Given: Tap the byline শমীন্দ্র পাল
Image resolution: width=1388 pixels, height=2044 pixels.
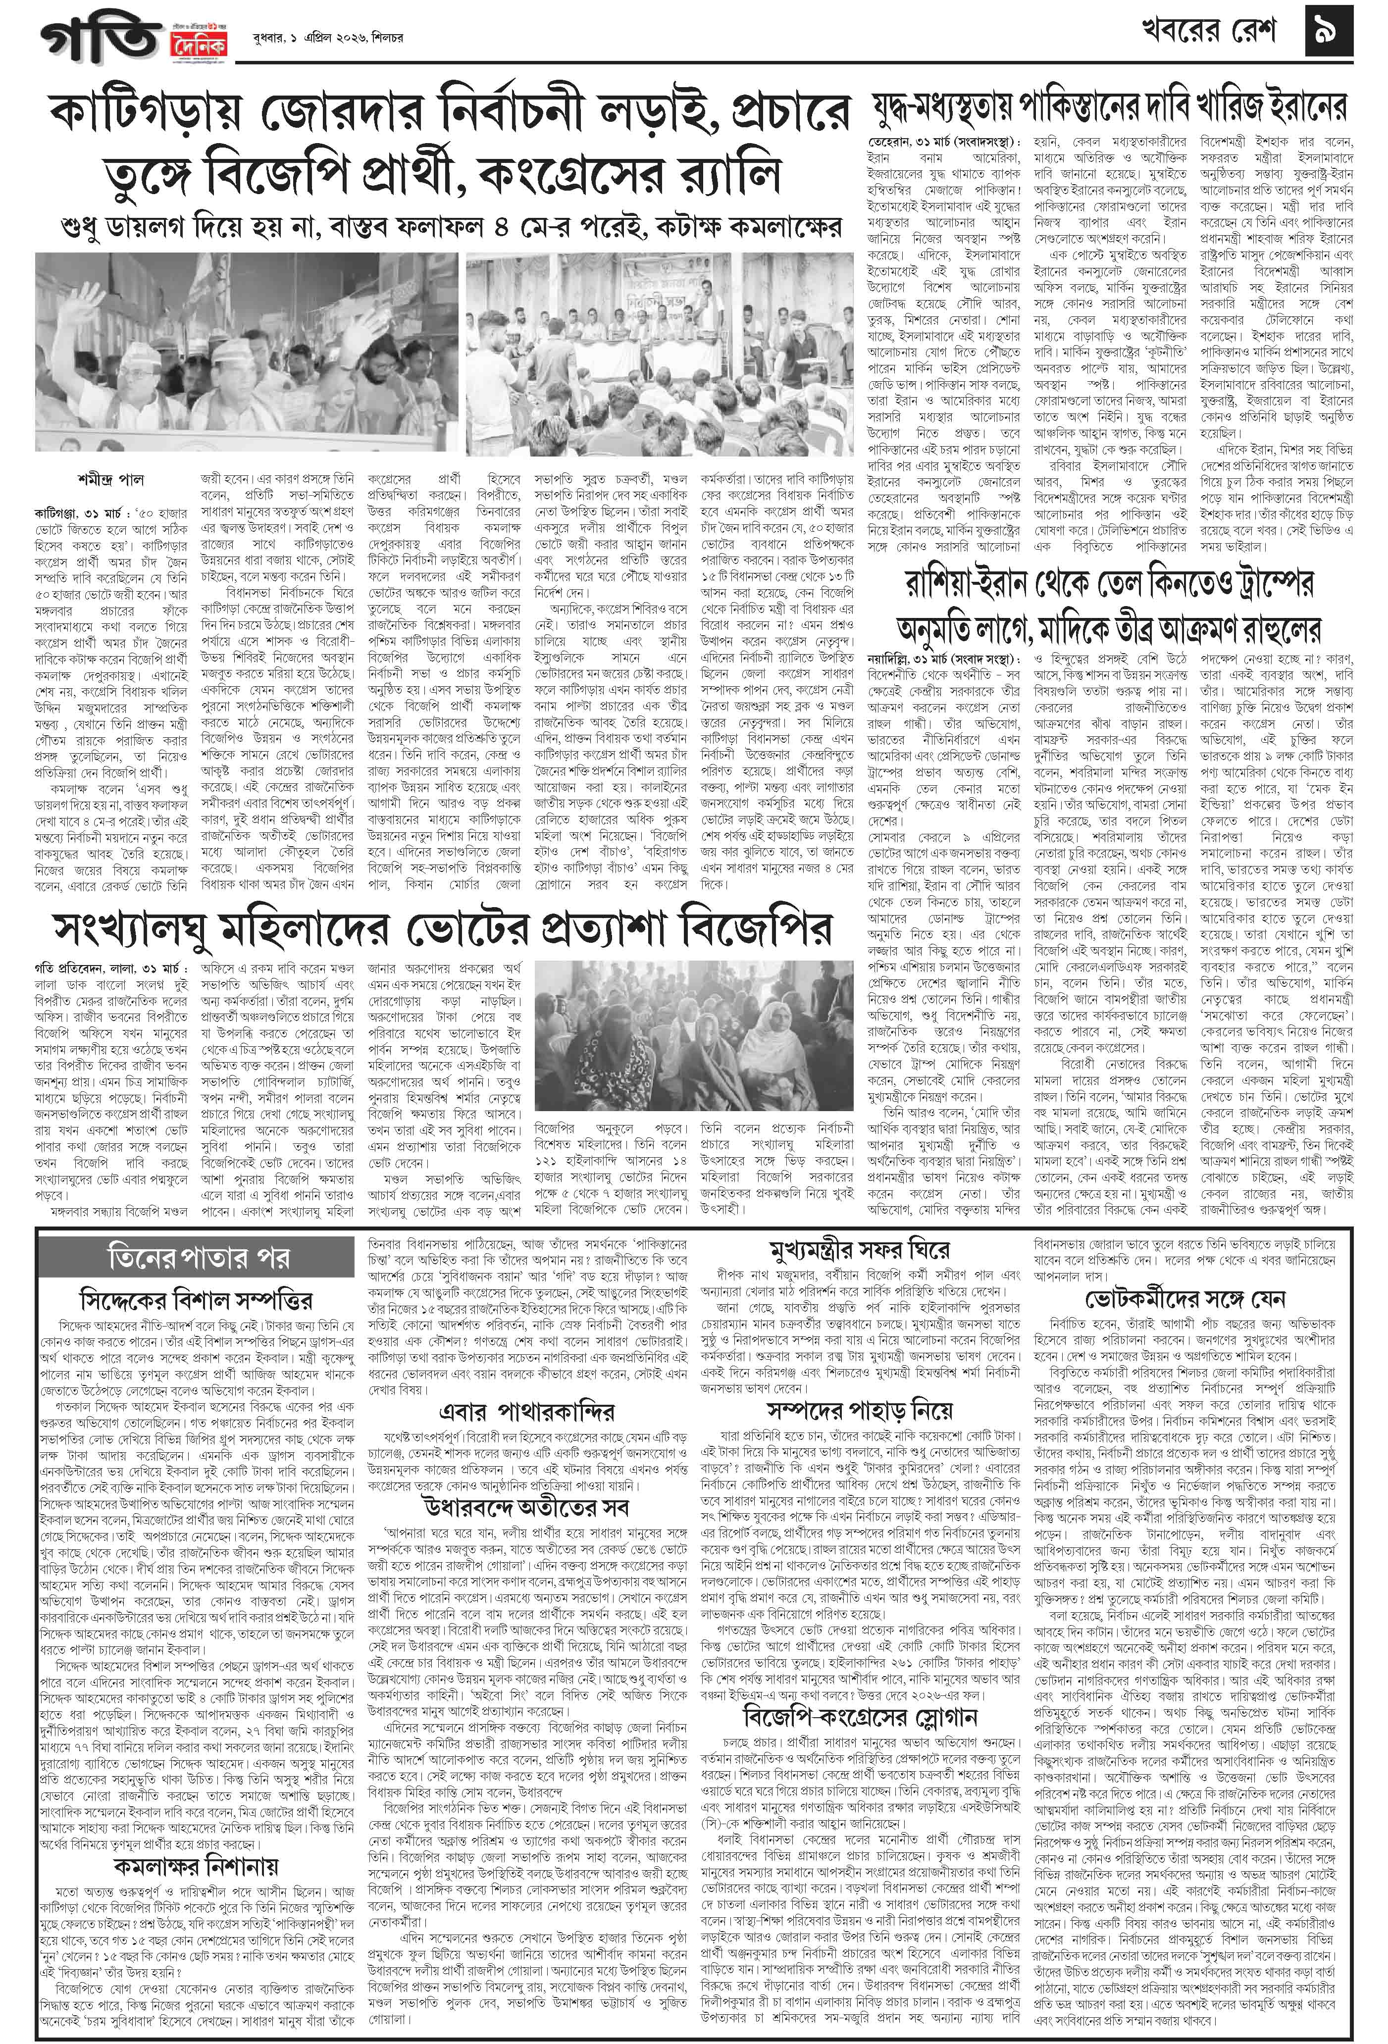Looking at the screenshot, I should point(111,479).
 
